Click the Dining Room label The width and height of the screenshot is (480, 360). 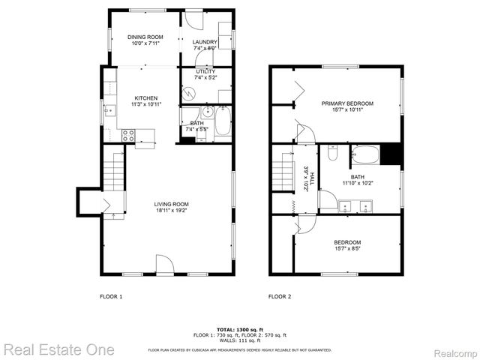point(145,36)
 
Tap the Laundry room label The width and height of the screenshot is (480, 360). point(205,42)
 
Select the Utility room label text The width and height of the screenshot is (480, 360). point(205,71)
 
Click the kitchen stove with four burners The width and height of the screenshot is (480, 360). point(128,136)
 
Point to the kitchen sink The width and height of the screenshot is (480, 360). point(109,112)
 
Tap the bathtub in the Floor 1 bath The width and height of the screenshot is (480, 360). point(222,123)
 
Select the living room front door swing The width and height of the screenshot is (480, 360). point(165,265)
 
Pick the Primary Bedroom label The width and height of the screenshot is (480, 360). point(347,103)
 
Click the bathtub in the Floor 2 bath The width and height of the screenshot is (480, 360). point(365,154)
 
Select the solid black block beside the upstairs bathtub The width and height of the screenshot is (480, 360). point(391,154)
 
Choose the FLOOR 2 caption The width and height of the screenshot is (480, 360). point(280,296)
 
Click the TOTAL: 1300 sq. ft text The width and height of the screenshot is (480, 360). point(239,329)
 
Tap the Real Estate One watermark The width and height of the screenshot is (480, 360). point(58,349)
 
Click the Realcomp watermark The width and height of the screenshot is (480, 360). point(455,350)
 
